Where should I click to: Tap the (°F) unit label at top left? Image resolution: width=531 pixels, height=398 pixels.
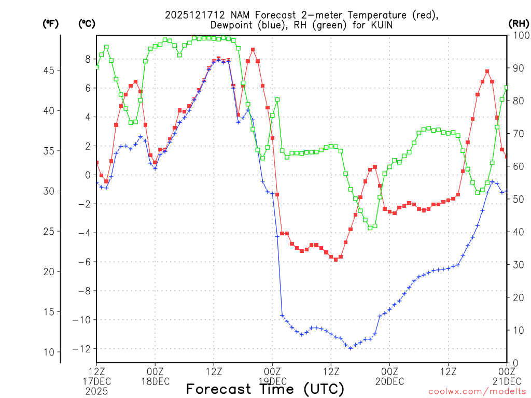point(50,23)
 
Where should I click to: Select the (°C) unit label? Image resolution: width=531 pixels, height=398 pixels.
point(87,23)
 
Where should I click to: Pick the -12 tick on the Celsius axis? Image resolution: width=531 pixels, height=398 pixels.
point(82,349)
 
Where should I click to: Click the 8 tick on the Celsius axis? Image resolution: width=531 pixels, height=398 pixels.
point(88,59)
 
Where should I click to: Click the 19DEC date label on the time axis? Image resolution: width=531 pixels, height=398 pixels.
point(272,382)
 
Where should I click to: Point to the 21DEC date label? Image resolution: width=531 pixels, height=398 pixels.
point(507,382)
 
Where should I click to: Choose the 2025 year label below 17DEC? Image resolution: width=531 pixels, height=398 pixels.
point(96,391)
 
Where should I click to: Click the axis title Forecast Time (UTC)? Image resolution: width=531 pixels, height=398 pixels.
point(265,389)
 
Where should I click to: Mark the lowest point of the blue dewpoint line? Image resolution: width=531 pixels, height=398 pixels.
point(351,348)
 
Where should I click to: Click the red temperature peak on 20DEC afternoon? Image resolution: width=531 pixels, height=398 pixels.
point(487,72)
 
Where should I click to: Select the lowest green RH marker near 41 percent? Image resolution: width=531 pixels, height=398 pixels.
point(370,228)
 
